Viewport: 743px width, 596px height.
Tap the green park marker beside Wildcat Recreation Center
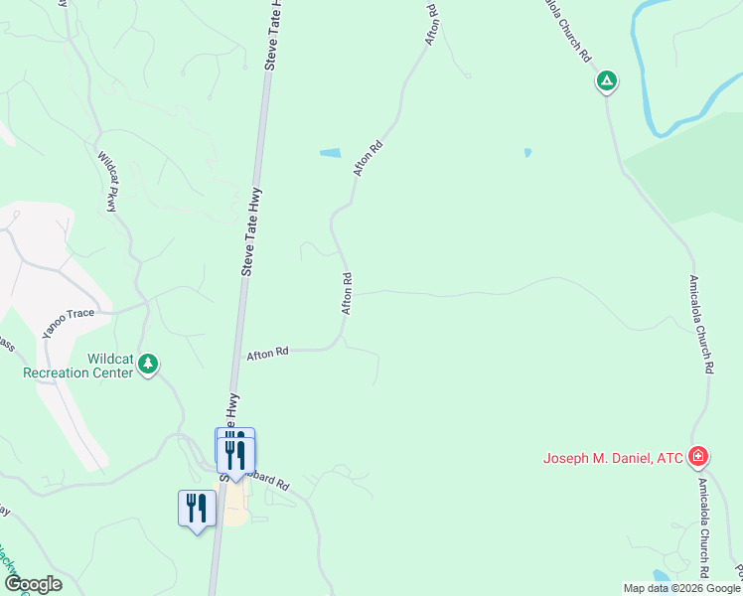149,365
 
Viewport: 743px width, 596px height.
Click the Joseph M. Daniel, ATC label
612,458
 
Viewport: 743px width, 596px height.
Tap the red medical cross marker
699,457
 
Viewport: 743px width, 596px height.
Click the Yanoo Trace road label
67,320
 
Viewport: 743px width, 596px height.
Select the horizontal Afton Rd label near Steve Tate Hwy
267,353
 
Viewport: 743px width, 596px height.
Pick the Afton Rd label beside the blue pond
368,159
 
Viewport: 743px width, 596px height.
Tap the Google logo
32,584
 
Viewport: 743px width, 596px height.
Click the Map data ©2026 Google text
681,588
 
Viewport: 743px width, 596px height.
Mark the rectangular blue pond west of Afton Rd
330,153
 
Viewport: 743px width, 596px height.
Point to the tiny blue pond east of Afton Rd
527,153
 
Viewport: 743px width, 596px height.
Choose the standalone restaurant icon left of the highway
197,508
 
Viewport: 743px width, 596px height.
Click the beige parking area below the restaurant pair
235,512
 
